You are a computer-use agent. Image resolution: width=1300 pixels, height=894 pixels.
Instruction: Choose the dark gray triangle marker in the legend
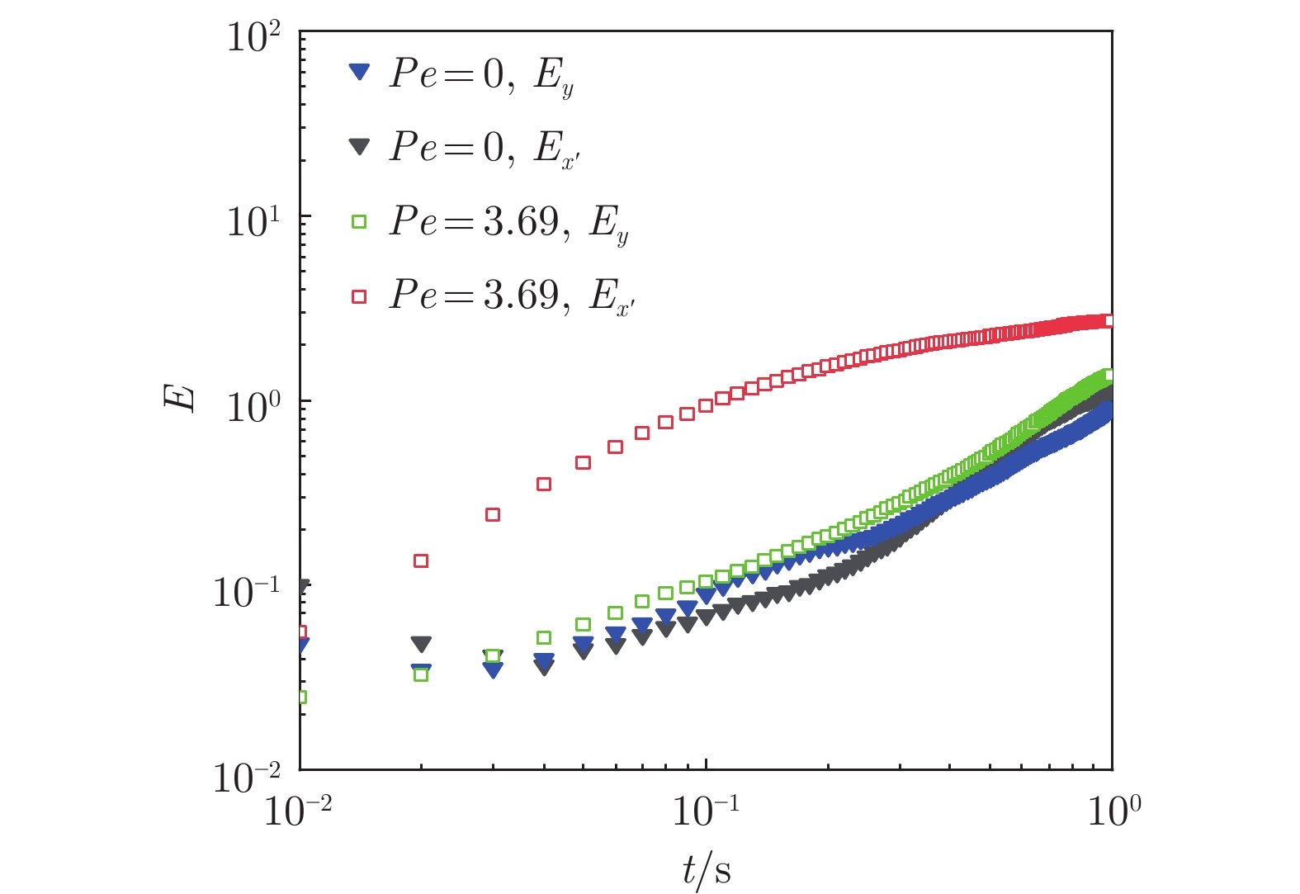[358, 147]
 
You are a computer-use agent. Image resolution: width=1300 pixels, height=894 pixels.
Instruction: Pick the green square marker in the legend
[358, 221]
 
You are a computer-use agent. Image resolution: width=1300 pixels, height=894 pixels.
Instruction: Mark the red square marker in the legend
[358, 296]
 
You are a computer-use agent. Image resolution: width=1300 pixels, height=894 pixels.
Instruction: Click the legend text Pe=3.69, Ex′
[512, 296]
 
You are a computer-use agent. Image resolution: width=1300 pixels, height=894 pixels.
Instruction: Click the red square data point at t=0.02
[421, 561]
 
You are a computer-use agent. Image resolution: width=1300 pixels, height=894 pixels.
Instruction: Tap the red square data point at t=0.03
[493, 514]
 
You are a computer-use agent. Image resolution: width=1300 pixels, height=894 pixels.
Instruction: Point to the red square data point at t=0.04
[544, 484]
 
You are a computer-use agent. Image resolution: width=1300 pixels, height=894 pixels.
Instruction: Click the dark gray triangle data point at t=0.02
[421, 643]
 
